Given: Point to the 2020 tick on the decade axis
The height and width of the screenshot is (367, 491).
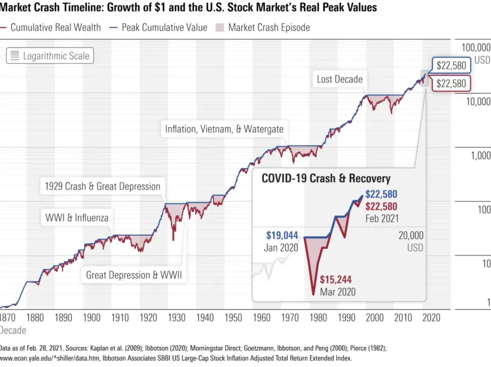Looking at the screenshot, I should click(431, 317).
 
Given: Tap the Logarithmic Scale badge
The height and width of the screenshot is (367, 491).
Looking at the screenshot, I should click(50, 56).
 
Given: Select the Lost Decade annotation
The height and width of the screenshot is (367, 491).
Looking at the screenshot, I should click(340, 79).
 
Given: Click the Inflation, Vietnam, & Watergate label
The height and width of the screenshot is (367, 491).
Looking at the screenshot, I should click(224, 129).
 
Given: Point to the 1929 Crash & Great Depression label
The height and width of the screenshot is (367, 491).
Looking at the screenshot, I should click(103, 187).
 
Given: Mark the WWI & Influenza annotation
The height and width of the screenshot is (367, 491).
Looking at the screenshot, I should click(77, 218).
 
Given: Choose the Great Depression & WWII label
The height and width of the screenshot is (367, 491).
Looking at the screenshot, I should click(134, 275).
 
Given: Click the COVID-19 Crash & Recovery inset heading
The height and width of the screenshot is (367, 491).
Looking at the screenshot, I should click(326, 179).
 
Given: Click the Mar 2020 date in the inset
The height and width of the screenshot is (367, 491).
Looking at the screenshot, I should click(337, 292).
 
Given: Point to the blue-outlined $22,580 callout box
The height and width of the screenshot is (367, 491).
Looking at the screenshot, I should click(451, 65).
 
